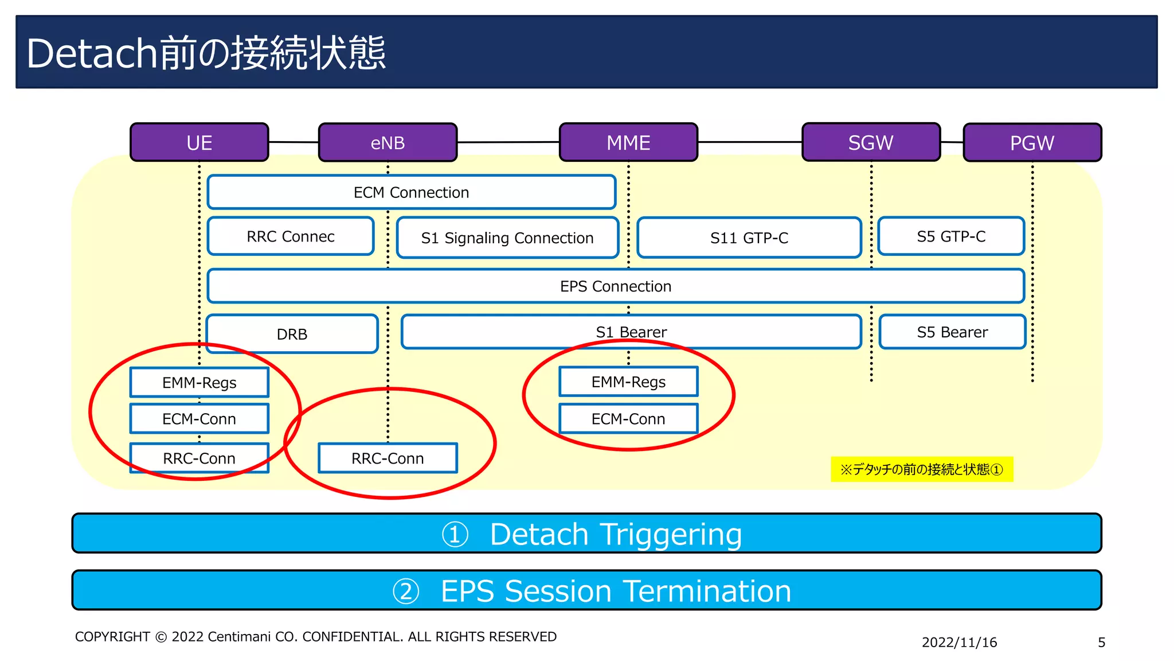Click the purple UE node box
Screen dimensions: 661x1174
199,142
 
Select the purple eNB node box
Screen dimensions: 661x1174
388,142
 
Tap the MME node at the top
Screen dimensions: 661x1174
628,142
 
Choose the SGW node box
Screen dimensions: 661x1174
871,142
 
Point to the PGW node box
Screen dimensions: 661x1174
1032,143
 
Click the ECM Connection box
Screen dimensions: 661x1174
411,192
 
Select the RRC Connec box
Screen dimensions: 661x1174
291,236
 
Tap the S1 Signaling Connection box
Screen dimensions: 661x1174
507,238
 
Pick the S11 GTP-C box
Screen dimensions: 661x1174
749,238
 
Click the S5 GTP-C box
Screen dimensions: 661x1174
951,236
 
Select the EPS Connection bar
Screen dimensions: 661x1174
615,286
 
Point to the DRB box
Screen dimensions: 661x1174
292,334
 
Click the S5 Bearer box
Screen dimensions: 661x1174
952,332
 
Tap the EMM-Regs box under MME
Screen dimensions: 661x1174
628,382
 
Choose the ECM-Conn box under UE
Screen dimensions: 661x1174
199,419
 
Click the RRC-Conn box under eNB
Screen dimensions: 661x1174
388,458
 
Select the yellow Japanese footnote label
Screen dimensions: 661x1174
921,469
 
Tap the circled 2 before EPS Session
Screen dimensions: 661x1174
406,591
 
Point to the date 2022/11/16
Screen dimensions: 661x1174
959,642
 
